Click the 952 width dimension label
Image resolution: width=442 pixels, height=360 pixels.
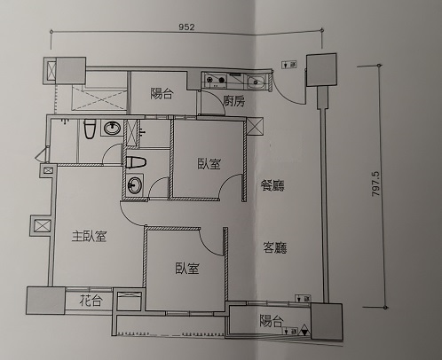point(186,27)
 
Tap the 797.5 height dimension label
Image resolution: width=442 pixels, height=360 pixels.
point(375,185)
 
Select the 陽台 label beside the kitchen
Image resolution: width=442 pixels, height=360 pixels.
point(162,93)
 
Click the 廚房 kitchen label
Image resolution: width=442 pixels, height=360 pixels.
point(233,101)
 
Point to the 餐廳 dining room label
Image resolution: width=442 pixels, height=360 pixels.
point(272,185)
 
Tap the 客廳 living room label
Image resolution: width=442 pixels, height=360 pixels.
point(275,247)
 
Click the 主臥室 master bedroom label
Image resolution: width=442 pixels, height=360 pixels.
point(89,236)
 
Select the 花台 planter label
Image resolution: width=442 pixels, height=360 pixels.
point(91,301)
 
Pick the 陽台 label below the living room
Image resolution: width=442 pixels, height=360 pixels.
point(272,321)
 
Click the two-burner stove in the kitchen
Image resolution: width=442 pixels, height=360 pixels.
point(215,80)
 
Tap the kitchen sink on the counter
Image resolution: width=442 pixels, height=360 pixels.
point(257,82)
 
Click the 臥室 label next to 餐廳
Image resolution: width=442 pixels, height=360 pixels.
point(209,164)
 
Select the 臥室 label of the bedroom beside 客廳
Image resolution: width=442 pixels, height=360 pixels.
point(187,269)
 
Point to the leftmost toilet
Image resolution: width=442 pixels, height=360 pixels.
point(89,129)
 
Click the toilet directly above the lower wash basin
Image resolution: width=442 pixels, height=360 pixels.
point(136,162)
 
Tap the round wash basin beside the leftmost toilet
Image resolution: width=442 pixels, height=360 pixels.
point(113,129)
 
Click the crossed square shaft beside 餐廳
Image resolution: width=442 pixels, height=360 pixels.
point(255,127)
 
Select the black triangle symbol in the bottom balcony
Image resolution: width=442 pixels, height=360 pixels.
point(304,330)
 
